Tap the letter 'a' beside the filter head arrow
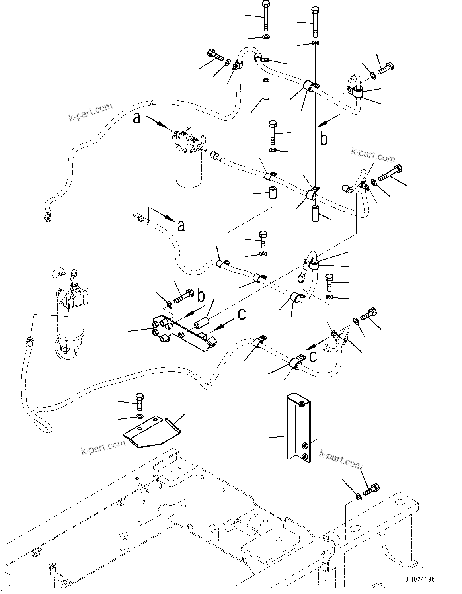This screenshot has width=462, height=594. click(x=136, y=118)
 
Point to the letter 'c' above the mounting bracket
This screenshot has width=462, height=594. click(x=242, y=314)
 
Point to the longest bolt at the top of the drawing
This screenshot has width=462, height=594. click(x=265, y=16)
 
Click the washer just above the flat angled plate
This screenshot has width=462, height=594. click(x=139, y=416)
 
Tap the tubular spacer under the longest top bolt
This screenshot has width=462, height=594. click(x=266, y=90)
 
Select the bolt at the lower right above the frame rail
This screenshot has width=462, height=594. click(x=371, y=488)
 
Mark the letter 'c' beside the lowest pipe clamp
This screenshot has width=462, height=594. click(x=313, y=356)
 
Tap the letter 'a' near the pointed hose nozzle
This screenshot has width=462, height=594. click(x=181, y=226)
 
